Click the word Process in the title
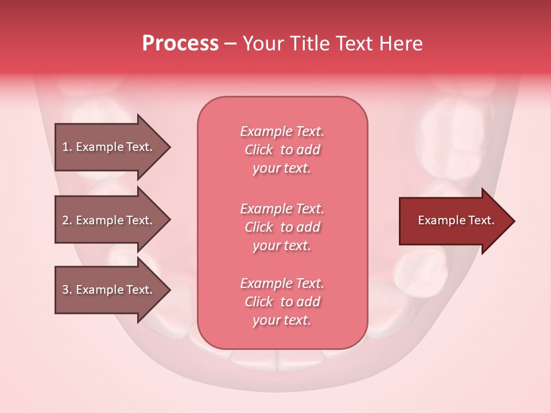click(x=180, y=44)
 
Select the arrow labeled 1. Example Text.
click(x=109, y=147)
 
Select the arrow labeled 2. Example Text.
click(x=109, y=220)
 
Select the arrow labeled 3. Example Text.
click(x=109, y=290)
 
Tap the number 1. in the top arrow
click(x=67, y=147)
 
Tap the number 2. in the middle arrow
click(x=67, y=220)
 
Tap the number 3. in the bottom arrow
click(x=67, y=290)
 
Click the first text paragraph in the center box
click(x=282, y=150)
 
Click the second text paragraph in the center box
click(x=282, y=227)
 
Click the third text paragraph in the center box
click(x=282, y=302)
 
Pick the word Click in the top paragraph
click(x=259, y=150)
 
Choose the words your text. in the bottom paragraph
click(x=282, y=321)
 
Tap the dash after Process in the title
click(x=230, y=44)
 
